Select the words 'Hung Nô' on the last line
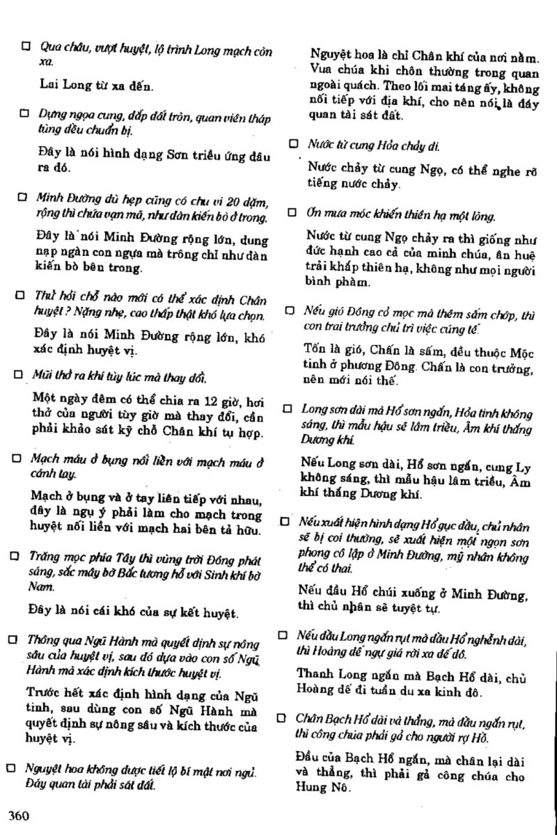tap(322, 788)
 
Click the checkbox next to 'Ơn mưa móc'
tap(292, 212)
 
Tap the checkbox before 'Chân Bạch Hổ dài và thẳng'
tap(282, 717)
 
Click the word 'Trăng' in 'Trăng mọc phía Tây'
tap(41, 557)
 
